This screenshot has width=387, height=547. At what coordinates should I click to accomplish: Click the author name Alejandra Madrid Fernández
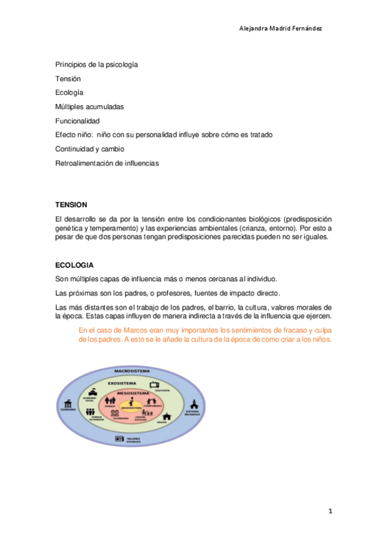click(281, 28)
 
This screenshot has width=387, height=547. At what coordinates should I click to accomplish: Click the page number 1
click(329, 512)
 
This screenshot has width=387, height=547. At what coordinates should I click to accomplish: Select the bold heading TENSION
click(70, 204)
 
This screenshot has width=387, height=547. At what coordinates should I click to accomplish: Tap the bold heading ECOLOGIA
click(74, 265)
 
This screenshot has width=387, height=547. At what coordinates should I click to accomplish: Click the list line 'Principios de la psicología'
click(96, 65)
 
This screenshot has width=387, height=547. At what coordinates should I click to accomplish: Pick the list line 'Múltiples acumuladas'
click(89, 106)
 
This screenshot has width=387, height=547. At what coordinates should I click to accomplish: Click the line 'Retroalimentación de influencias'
click(107, 163)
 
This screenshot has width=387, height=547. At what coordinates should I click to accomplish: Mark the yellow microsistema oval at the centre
click(131, 408)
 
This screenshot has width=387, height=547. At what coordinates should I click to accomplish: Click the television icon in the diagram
click(156, 385)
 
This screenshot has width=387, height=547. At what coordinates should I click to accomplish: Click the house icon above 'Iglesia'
click(167, 417)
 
